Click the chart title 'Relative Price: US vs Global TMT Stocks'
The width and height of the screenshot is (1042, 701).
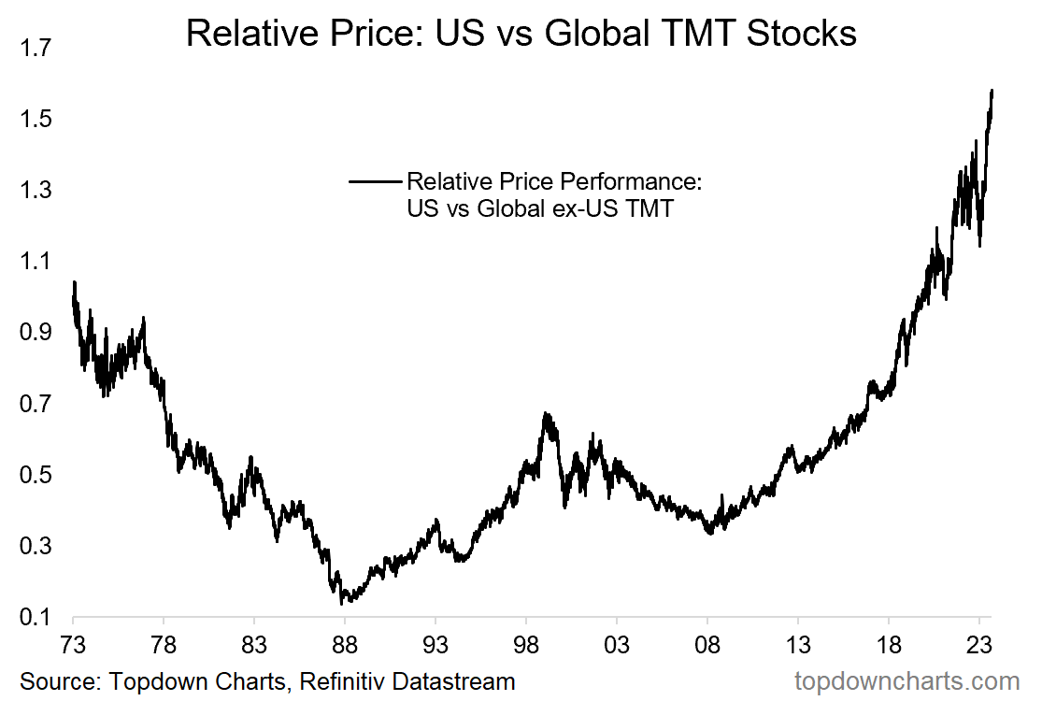click(x=521, y=34)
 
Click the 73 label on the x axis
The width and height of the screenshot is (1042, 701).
click(x=73, y=646)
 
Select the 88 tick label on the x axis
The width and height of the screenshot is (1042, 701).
click(x=345, y=646)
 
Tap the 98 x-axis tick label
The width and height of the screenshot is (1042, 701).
click(x=526, y=646)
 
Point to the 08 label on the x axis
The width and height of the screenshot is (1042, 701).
click(x=707, y=646)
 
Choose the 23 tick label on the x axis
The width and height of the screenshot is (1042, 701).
click(x=979, y=646)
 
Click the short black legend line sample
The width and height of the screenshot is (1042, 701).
click(x=374, y=181)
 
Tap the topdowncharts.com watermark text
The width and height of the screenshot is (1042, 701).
click(x=906, y=680)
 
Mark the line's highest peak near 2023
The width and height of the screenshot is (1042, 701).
click(x=992, y=91)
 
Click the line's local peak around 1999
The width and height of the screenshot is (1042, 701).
click(x=546, y=413)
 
